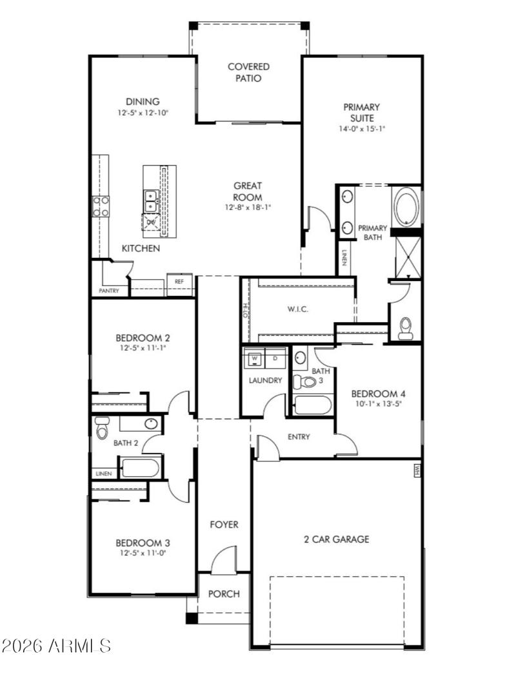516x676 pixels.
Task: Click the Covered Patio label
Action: [248, 72]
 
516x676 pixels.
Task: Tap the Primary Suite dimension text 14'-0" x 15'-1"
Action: [361, 128]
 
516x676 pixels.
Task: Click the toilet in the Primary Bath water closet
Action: [406, 327]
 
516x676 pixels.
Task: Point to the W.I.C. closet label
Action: [297, 309]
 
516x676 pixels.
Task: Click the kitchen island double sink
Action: [150, 201]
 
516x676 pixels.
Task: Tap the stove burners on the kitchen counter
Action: [101, 206]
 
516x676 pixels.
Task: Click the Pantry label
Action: [108, 291]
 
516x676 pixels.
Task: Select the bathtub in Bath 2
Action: [141, 467]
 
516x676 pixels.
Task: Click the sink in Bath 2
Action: [150, 423]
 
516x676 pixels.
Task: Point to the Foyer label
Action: [224, 525]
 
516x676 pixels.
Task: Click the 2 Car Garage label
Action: [337, 539]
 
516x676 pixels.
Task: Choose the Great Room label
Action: [248, 191]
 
